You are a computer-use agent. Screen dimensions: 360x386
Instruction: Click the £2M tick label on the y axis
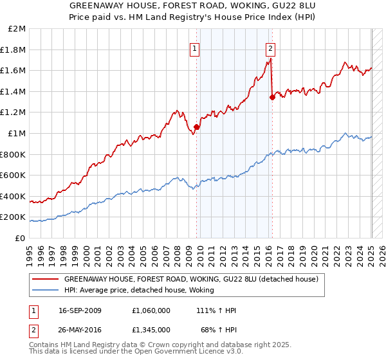coord(17,29)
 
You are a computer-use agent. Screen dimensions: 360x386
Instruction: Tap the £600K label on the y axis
coord(14,175)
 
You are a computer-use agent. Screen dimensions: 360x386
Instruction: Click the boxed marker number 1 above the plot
coord(194,48)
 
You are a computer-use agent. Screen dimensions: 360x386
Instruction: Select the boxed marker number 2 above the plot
coord(270,48)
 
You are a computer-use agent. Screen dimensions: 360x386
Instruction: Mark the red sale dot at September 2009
coord(197,127)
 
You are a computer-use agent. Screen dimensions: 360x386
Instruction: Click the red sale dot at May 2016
coord(272,97)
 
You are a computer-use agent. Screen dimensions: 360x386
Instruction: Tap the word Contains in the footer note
coord(44,346)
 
